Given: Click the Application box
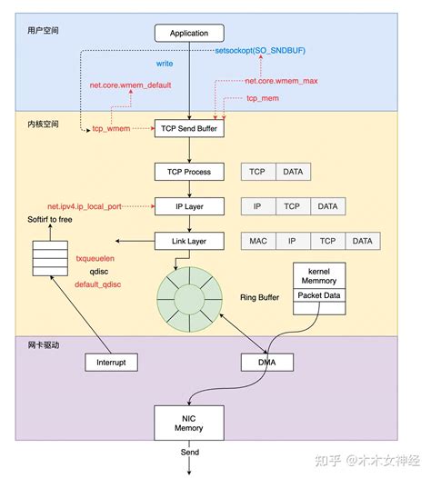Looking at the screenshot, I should pos(188,34).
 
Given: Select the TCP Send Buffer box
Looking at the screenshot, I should pos(188,129).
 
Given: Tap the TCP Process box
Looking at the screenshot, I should pos(188,172).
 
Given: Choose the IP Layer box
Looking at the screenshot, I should pos(188,206).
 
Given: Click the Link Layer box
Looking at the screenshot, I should pos(188,241).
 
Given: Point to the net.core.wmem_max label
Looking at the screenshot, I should pos(281,81).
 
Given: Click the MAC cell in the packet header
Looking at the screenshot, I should pos(257,241).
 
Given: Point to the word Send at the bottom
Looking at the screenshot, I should pos(188,452).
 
